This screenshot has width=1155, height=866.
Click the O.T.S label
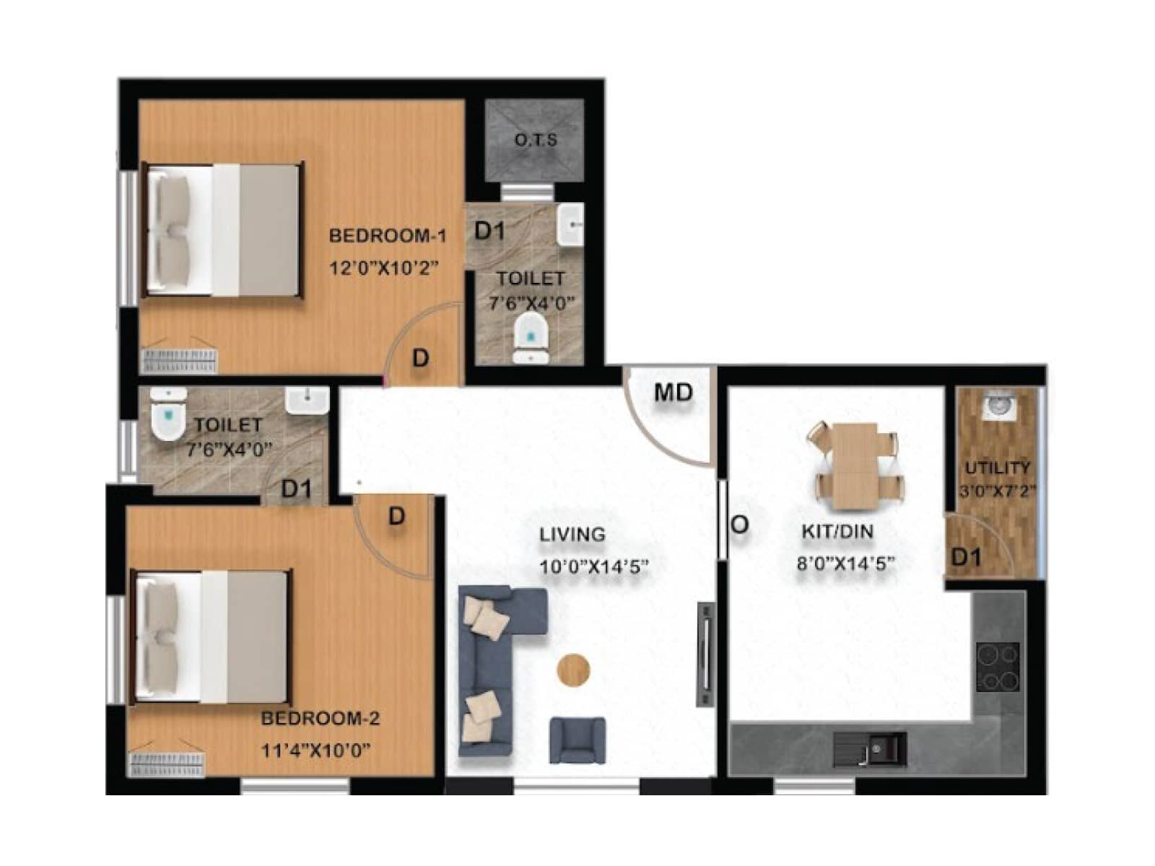pyautogui.click(x=536, y=141)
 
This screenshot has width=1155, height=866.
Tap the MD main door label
pyautogui.click(x=674, y=393)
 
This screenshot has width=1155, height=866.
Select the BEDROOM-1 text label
pyautogui.click(x=388, y=236)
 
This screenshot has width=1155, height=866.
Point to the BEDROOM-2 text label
pyautogui.click(x=320, y=718)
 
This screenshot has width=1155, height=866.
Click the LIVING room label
pyautogui.click(x=572, y=535)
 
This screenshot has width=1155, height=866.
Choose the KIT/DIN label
pyautogui.click(x=837, y=532)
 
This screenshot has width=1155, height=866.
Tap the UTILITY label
pyautogui.click(x=998, y=468)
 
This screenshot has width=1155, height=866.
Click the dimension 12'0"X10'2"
pyautogui.click(x=384, y=268)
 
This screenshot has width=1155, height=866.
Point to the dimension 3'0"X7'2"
pyautogui.click(x=998, y=491)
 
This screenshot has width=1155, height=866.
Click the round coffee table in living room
pyautogui.click(x=574, y=670)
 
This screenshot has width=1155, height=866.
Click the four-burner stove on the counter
pyautogui.click(x=998, y=667)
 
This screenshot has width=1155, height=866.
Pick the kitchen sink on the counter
pyautogui.click(x=871, y=749)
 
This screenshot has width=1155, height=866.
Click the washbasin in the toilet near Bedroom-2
pyautogui.click(x=307, y=402)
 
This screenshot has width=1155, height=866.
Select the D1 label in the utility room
pyautogui.click(x=966, y=557)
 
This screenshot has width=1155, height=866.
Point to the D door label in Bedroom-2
pyautogui.click(x=397, y=516)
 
